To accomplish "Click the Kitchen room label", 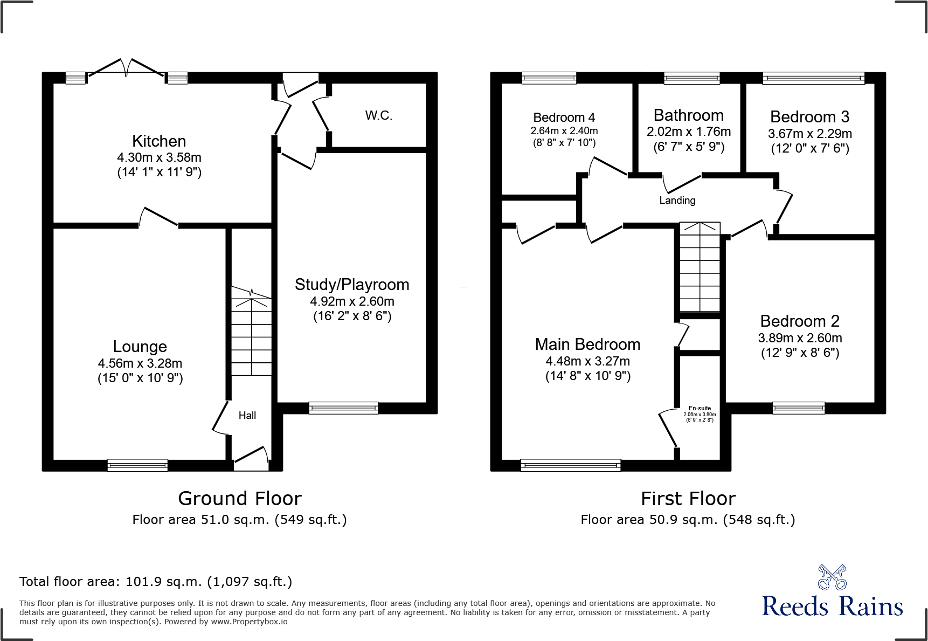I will pos(159,141).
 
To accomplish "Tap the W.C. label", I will pos(378,115).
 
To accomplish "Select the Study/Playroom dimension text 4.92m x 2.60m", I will pos(352,301).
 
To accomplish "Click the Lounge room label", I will pos(140,347).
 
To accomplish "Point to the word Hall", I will pos(247,415).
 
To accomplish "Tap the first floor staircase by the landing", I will pos(700,267).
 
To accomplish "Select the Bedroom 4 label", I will pos(564,118).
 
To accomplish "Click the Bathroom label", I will pos(688,115).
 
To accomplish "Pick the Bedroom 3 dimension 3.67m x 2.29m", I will pos(809,134).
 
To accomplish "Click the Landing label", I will pos(677,201).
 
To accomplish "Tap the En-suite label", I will pos(700,408).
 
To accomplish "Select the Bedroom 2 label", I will pos(800,321).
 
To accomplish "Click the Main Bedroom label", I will pos(587,344).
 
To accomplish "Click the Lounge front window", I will pos(137,465).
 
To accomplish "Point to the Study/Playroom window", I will pos(343,408).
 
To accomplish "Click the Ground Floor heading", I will pos(240,499).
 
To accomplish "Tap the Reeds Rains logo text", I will pos(832,606).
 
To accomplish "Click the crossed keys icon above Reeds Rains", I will pos(832,577).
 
